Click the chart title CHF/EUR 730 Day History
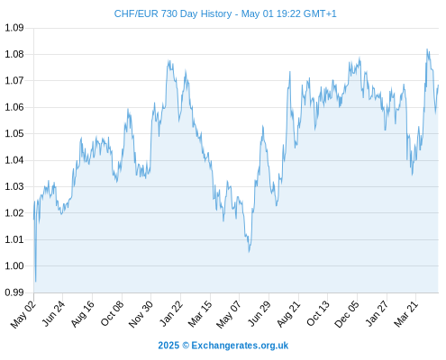point(173,13)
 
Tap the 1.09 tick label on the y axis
point(14,28)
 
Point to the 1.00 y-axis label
point(14,265)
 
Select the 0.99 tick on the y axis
point(14,292)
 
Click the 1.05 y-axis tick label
point(14,133)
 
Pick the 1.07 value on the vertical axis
point(14,81)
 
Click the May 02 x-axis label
point(23,314)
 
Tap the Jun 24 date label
point(53,314)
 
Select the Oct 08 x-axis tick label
point(112,314)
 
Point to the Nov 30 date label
point(141,314)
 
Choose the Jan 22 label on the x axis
point(170,314)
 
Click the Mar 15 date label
point(200,314)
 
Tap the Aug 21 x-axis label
point(288,314)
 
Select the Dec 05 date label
point(347,314)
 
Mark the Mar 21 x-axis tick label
point(405,314)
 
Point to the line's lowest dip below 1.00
point(36,282)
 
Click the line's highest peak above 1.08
point(427,49)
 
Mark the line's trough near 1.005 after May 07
point(249,251)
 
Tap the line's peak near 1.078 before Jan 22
point(168,60)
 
